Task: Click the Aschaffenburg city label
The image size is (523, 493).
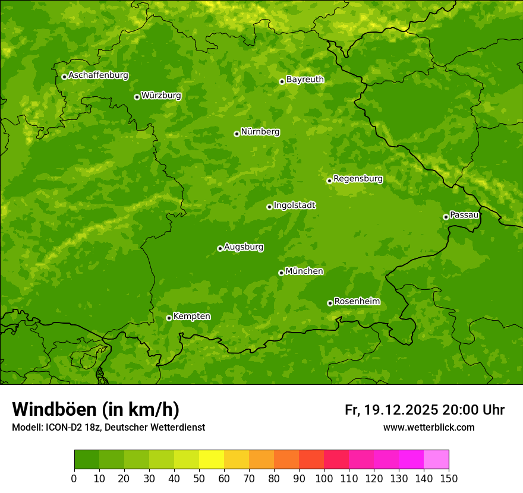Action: tap(98, 75)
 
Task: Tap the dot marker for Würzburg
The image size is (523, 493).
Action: tap(137, 97)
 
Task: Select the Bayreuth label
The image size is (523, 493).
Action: tap(305, 79)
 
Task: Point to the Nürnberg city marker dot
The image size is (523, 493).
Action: tap(237, 134)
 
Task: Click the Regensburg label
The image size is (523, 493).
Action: tap(358, 178)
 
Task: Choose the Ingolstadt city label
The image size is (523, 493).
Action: tap(294, 205)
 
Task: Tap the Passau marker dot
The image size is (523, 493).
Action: tap(446, 217)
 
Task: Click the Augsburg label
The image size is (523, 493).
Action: tap(244, 246)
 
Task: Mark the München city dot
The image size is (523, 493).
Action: tap(281, 273)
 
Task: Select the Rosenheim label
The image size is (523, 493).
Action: tap(357, 301)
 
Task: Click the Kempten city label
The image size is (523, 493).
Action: tap(191, 316)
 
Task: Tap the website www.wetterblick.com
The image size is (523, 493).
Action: tap(429, 427)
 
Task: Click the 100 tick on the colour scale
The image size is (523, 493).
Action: tap(324, 478)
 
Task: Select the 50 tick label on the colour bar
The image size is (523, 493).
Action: tap(199, 478)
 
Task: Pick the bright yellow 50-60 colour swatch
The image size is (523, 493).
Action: tap(212, 460)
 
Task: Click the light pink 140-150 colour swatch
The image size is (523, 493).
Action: tap(436, 460)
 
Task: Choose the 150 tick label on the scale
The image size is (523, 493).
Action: tap(449, 478)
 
